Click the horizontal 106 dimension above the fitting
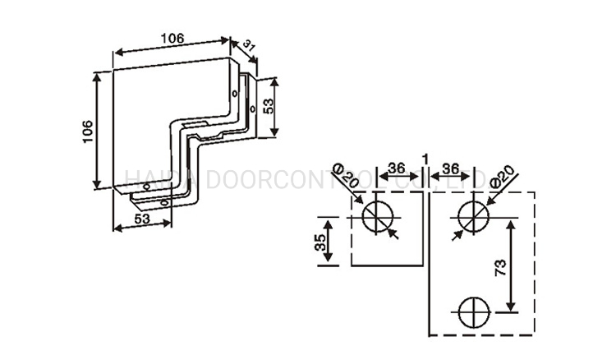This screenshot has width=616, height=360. tap(171, 38)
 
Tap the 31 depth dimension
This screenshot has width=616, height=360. tap(249, 48)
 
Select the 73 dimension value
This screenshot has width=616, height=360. tap(500, 266)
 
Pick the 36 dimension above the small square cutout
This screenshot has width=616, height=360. tap(397, 168)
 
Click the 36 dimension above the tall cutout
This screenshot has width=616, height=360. tap(450, 168)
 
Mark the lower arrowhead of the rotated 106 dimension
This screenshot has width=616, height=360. tap(100, 186)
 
